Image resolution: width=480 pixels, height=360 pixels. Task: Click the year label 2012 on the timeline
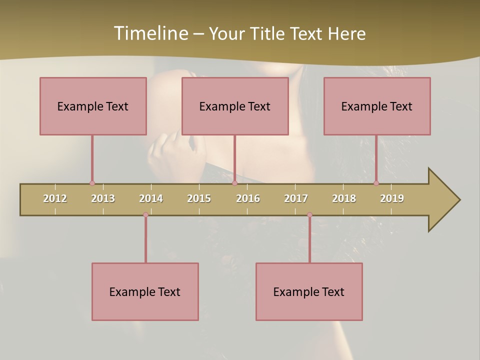[55, 198]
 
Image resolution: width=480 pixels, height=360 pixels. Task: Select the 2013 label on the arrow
[103, 198]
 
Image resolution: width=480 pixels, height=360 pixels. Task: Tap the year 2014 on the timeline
[151, 198]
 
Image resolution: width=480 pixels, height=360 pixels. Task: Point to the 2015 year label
[199, 198]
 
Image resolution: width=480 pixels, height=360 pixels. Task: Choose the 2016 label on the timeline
[248, 198]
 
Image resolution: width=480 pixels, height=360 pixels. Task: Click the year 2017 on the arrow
[296, 198]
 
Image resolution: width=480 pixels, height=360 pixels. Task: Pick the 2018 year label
[344, 198]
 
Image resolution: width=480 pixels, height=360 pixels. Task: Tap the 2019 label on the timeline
[392, 198]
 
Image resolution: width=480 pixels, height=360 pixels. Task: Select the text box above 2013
[93, 106]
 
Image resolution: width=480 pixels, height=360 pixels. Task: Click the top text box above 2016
[235, 106]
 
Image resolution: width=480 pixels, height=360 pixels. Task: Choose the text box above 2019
[377, 106]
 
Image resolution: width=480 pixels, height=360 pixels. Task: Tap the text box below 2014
[145, 291]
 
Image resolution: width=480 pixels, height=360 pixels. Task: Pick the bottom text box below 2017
[309, 291]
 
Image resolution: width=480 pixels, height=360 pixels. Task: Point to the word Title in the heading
[269, 33]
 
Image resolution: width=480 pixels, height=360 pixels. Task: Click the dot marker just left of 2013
[92, 183]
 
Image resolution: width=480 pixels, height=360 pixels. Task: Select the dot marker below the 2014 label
[145, 215]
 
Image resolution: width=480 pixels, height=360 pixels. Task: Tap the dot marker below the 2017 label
[309, 215]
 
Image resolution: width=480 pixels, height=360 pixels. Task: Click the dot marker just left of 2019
[376, 183]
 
